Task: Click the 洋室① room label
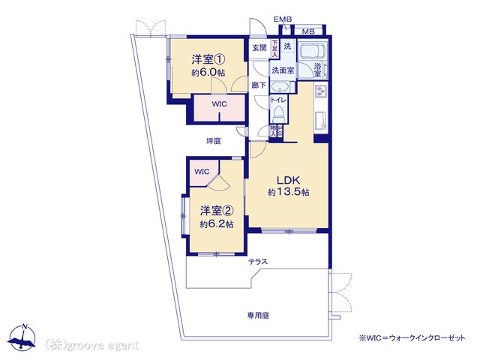[x=208, y=59]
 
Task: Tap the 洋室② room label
[x=217, y=211]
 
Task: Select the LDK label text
[x=288, y=180]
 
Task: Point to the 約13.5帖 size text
[x=288, y=192]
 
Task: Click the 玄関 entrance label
[x=259, y=48]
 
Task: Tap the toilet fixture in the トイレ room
[x=279, y=112]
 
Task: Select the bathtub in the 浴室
[x=313, y=50]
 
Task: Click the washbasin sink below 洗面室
[x=280, y=87]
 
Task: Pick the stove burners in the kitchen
[x=321, y=91]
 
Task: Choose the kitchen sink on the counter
[x=321, y=120]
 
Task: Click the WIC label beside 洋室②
[x=202, y=172]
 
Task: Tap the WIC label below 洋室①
[x=219, y=104]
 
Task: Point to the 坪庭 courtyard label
[x=214, y=141]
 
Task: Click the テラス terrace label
[x=258, y=262]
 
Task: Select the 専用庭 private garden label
[x=258, y=315]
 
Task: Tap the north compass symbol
[x=22, y=337]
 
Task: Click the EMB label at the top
[x=283, y=19]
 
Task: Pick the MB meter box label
[x=308, y=31]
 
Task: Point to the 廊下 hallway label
[x=259, y=85]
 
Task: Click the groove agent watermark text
[x=92, y=346]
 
